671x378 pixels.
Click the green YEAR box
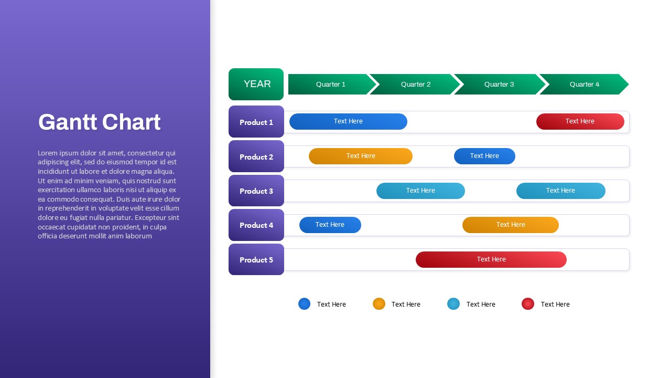(x=256, y=84)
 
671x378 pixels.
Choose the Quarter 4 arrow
(x=584, y=85)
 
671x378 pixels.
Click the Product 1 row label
(x=256, y=121)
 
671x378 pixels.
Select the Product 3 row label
(x=256, y=191)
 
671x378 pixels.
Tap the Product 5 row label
(x=256, y=259)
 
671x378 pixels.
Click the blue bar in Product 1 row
(x=348, y=121)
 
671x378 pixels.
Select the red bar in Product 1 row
(x=580, y=121)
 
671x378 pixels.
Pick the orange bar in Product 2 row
(x=361, y=156)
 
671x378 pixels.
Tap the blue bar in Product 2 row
(x=484, y=156)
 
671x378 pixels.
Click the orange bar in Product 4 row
(x=511, y=225)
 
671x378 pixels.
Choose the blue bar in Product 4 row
(x=330, y=225)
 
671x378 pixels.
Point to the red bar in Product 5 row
(x=491, y=259)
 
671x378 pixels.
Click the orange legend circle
(x=379, y=303)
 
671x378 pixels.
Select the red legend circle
(x=528, y=303)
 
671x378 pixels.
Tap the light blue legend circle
(x=453, y=303)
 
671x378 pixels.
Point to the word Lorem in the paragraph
(x=48, y=153)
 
